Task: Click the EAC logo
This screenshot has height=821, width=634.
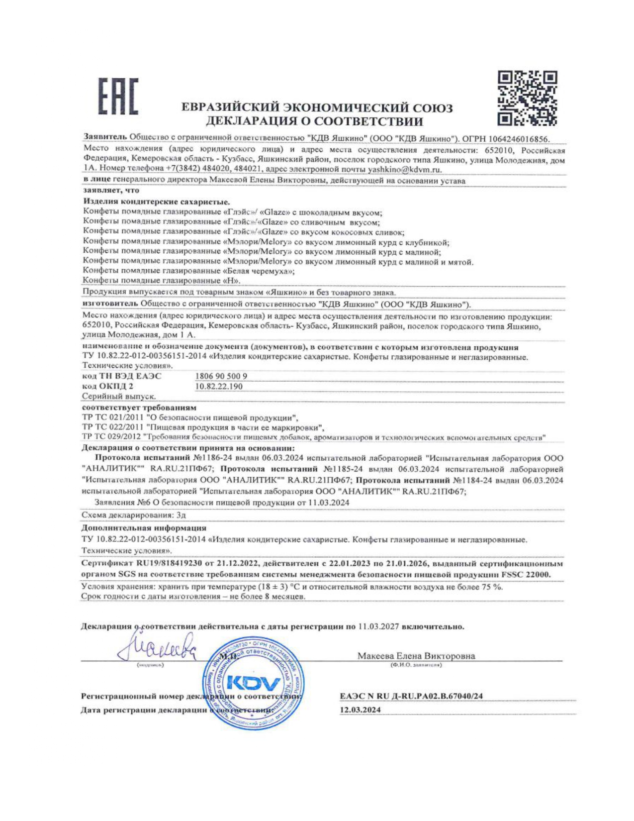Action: point(117,97)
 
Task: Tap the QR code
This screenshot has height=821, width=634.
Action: point(527,98)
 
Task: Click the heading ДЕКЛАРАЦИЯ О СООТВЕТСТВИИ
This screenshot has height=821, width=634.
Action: point(315,121)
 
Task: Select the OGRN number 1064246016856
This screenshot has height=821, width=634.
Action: point(521,139)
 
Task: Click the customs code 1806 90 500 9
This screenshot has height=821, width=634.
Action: point(221,376)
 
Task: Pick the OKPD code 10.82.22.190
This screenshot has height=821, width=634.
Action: point(219,386)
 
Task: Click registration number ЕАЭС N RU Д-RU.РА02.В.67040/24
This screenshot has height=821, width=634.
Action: point(411,696)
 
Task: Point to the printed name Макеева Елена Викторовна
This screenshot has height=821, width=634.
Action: point(416,656)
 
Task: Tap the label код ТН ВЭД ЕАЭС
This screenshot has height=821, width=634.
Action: point(122,376)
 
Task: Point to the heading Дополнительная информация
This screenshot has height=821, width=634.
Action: point(144,528)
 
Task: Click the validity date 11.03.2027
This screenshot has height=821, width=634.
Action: point(378,626)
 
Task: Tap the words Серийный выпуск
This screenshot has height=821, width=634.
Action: point(118,397)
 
